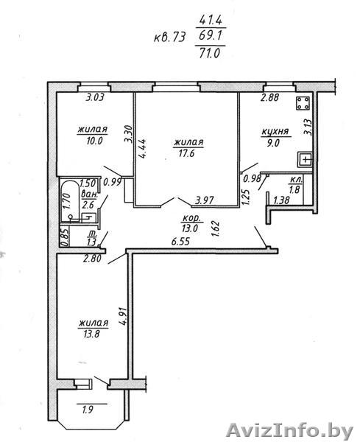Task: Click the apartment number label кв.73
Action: [170, 38]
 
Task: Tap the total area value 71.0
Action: [209, 53]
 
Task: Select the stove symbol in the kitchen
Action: [303, 103]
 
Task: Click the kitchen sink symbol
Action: [306, 160]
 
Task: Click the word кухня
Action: [275, 132]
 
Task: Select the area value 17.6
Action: [187, 154]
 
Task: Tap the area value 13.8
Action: [92, 334]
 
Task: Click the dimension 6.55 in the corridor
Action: [180, 242]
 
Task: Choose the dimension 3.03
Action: [95, 97]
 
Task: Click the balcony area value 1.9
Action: [88, 410]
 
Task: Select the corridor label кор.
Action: [191, 219]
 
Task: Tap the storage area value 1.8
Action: [294, 190]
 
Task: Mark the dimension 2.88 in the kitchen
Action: [270, 97]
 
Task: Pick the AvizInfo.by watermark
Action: [290, 431]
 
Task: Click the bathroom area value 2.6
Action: [88, 204]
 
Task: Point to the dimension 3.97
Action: [205, 200]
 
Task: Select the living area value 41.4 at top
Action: [211, 20]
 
